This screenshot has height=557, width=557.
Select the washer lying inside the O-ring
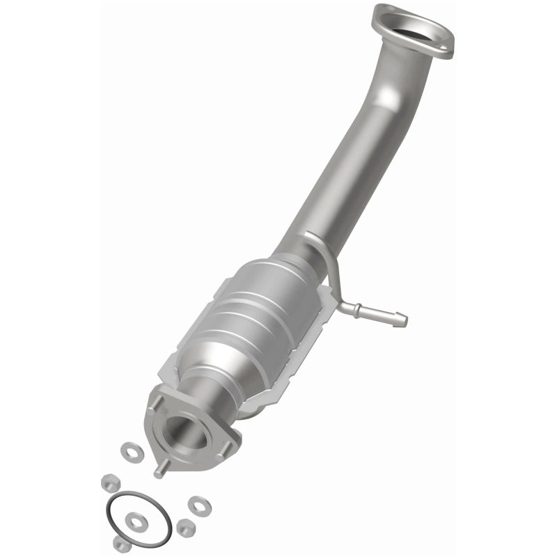136,519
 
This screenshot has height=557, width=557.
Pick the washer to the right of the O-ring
200,503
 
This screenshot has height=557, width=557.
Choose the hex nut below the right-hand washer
185,528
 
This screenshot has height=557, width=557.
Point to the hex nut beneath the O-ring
122,544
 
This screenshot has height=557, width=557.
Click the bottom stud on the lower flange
159,471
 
